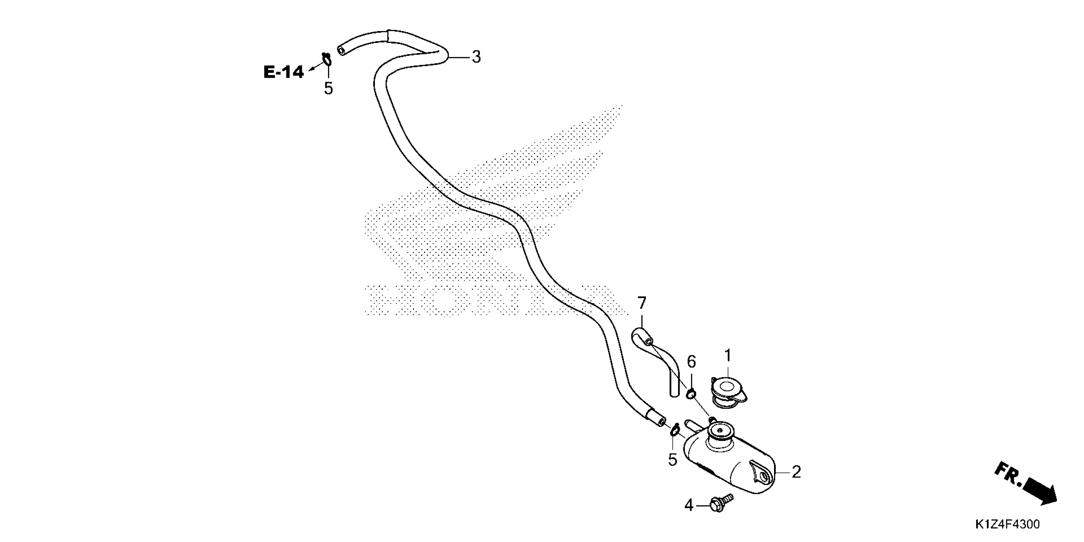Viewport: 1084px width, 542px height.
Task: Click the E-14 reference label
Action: point(283,72)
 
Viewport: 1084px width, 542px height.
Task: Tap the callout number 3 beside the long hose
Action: point(476,57)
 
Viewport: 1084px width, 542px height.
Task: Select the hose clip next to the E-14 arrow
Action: point(326,60)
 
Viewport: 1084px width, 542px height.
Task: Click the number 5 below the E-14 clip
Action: point(328,88)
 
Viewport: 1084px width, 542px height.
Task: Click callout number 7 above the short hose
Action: point(641,303)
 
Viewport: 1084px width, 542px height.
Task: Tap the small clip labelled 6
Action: point(691,394)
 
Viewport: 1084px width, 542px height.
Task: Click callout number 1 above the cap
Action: point(728,355)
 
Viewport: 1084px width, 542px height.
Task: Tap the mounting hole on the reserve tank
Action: point(764,476)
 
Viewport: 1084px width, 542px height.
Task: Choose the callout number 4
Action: point(688,505)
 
